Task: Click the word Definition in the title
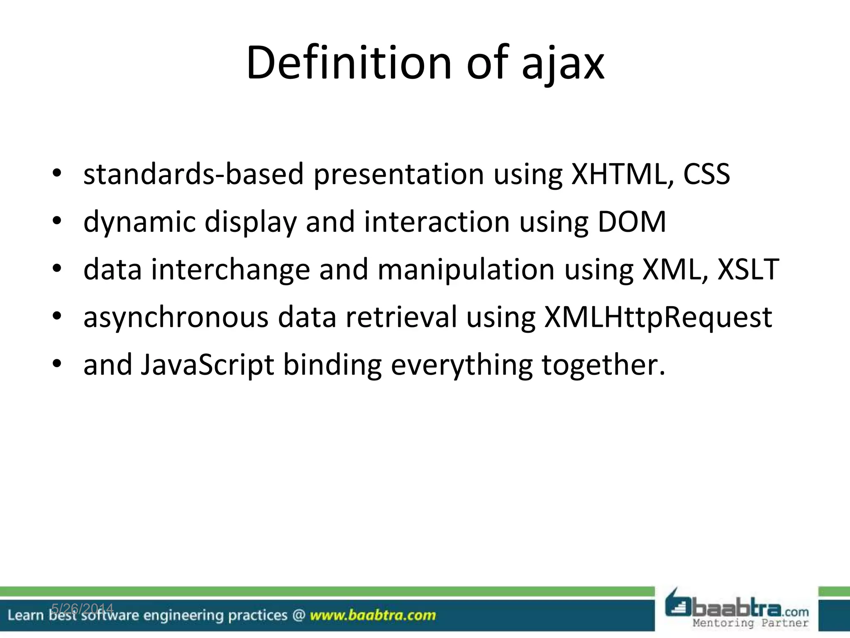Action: [x=348, y=63]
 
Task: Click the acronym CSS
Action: [x=706, y=174]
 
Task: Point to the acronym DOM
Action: [x=632, y=222]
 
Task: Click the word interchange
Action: [x=230, y=270]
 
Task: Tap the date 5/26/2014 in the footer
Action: [x=82, y=609]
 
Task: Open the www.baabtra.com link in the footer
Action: [x=373, y=615]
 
